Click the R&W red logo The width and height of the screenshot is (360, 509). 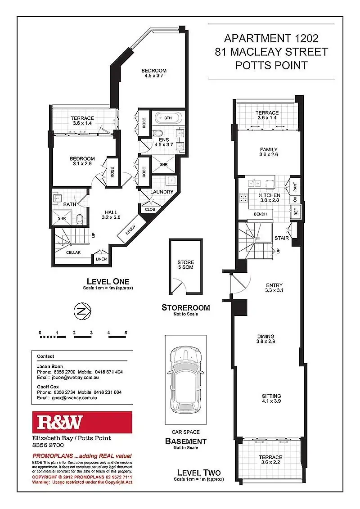point(81,422)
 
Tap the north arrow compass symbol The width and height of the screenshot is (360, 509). point(81,310)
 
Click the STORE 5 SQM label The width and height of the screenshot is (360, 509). point(186,265)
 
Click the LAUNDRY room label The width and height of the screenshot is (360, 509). point(162,192)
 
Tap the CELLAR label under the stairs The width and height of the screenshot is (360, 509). point(73,252)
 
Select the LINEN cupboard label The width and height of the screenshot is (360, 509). point(100,259)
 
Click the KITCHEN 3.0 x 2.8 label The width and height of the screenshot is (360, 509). point(270,198)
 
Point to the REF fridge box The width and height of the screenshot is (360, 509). point(296,212)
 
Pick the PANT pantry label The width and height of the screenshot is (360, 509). point(295,184)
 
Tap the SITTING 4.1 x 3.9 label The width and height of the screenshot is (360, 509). point(271,399)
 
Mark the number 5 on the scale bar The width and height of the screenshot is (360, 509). point(126,333)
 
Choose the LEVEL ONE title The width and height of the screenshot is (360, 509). point(108,281)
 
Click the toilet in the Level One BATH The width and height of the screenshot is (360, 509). point(80,219)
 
